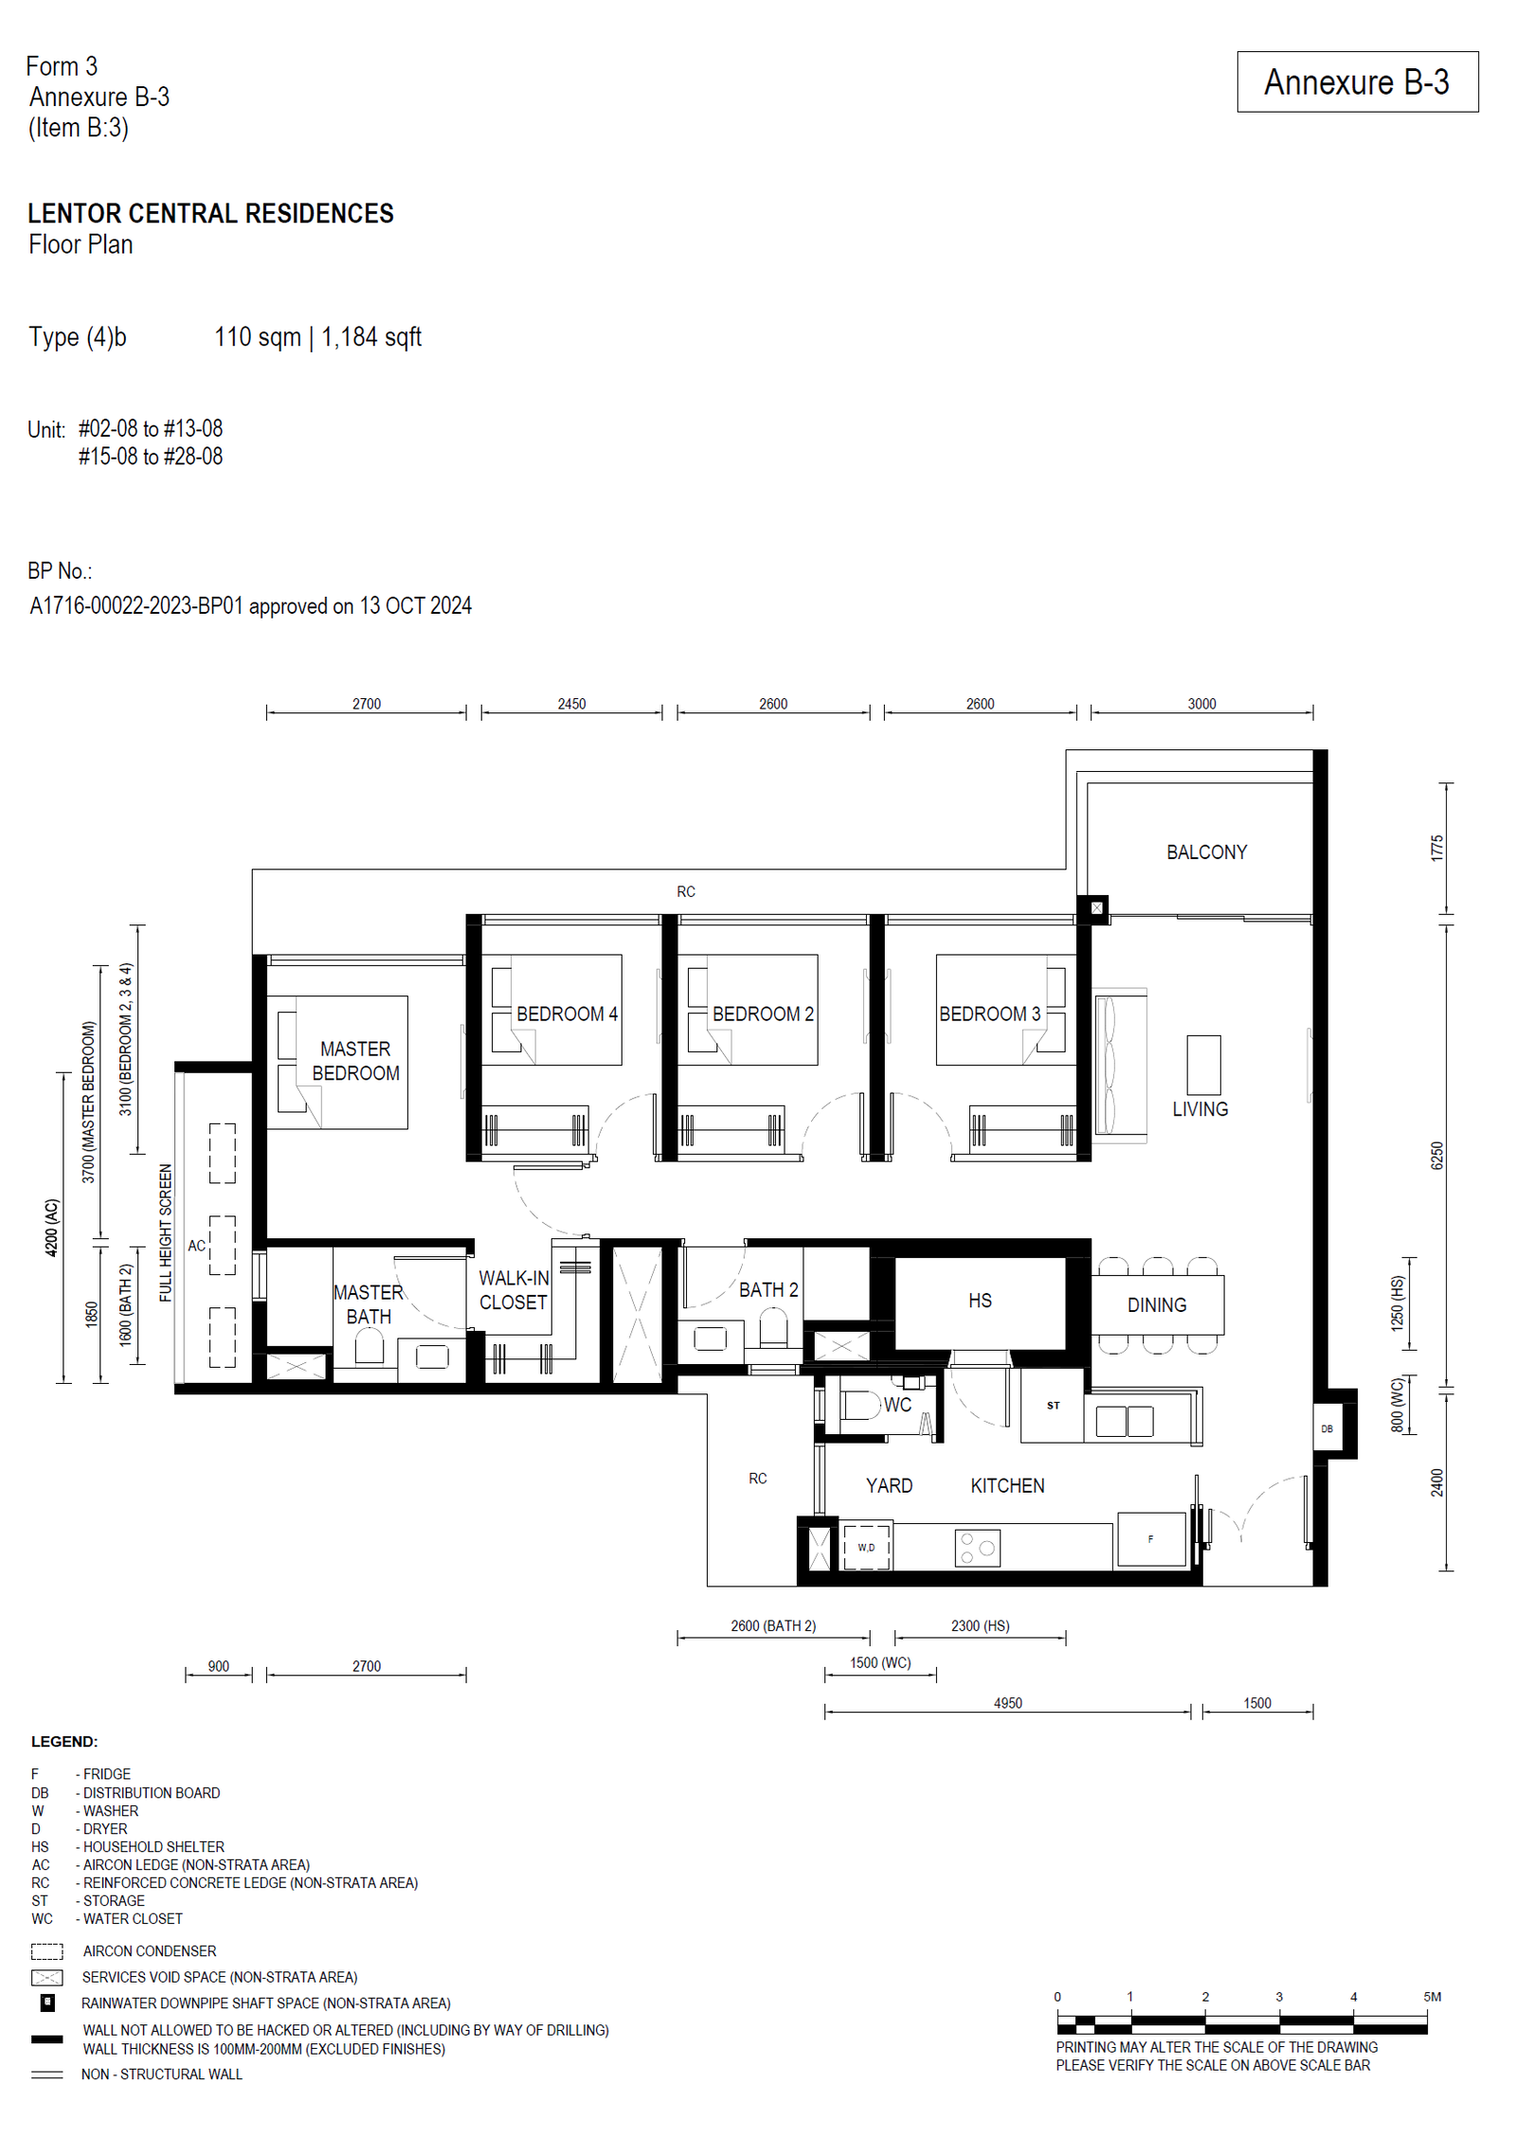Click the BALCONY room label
click(x=1206, y=852)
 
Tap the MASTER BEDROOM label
click(x=355, y=1061)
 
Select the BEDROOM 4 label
click(x=567, y=1014)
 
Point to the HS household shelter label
click(x=980, y=1301)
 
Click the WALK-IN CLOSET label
click(x=514, y=1290)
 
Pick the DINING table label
click(x=1156, y=1305)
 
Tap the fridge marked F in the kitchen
click(x=1151, y=1539)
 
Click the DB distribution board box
click(x=1326, y=1428)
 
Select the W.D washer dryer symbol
click(x=866, y=1547)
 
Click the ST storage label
click(x=1053, y=1406)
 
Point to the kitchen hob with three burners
click(x=977, y=1548)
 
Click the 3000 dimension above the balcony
click(x=1201, y=704)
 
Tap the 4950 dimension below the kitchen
click(x=1007, y=1703)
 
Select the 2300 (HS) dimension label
click(x=980, y=1625)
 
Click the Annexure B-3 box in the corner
click(x=1357, y=81)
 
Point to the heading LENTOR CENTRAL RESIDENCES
click(x=210, y=214)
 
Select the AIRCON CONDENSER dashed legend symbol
click(x=46, y=1951)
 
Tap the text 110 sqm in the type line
click(x=257, y=337)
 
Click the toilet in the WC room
click(x=859, y=1405)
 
